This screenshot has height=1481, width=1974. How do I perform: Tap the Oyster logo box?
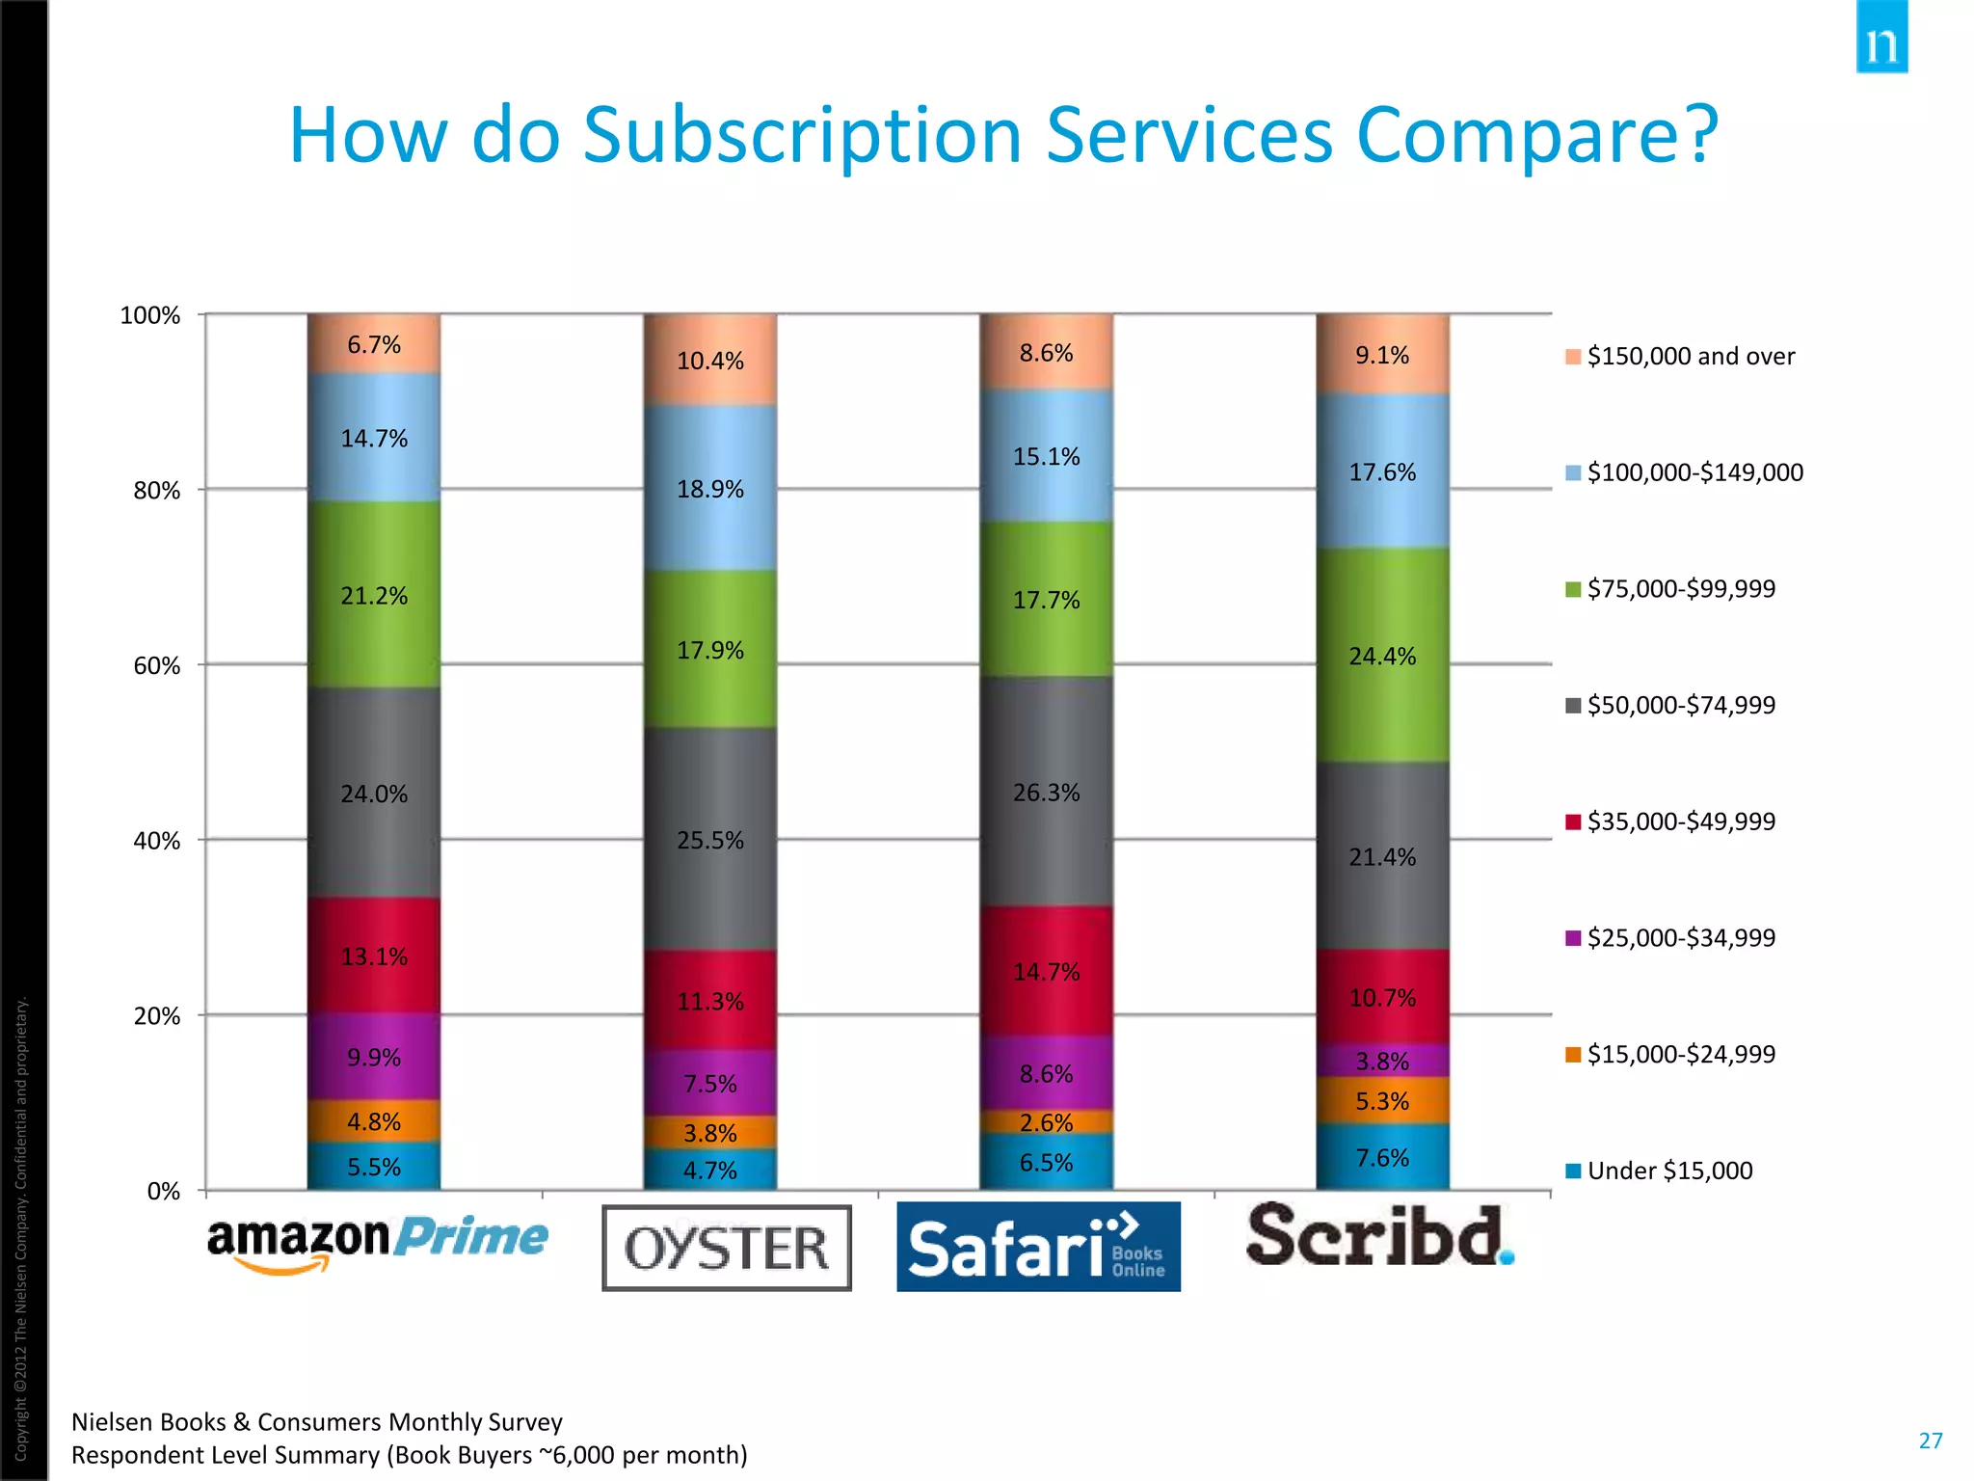[x=727, y=1248]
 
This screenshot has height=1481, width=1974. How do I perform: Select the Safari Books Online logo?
[x=1038, y=1247]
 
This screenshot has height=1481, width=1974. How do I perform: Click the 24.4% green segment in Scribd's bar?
[x=1382, y=656]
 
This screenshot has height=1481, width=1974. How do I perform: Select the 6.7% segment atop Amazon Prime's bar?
[x=374, y=344]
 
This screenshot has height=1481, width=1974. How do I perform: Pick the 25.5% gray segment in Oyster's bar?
[x=710, y=840]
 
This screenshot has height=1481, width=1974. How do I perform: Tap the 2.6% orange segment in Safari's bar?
[x=1046, y=1122]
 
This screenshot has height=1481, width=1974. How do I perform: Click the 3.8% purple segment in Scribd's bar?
[x=1382, y=1061]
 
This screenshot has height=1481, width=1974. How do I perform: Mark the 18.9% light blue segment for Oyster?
[x=710, y=489]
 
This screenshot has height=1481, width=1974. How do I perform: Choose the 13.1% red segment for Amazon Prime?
[x=374, y=956]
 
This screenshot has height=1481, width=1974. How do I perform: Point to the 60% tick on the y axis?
[x=156, y=666]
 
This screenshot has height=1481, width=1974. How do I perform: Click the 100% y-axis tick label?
[x=149, y=316]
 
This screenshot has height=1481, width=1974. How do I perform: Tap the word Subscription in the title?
[x=802, y=137]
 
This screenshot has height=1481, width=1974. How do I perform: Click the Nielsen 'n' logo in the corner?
[x=1881, y=39]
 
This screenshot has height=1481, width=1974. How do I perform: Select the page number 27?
[x=1931, y=1441]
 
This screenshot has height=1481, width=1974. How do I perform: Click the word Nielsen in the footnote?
[x=108, y=1422]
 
